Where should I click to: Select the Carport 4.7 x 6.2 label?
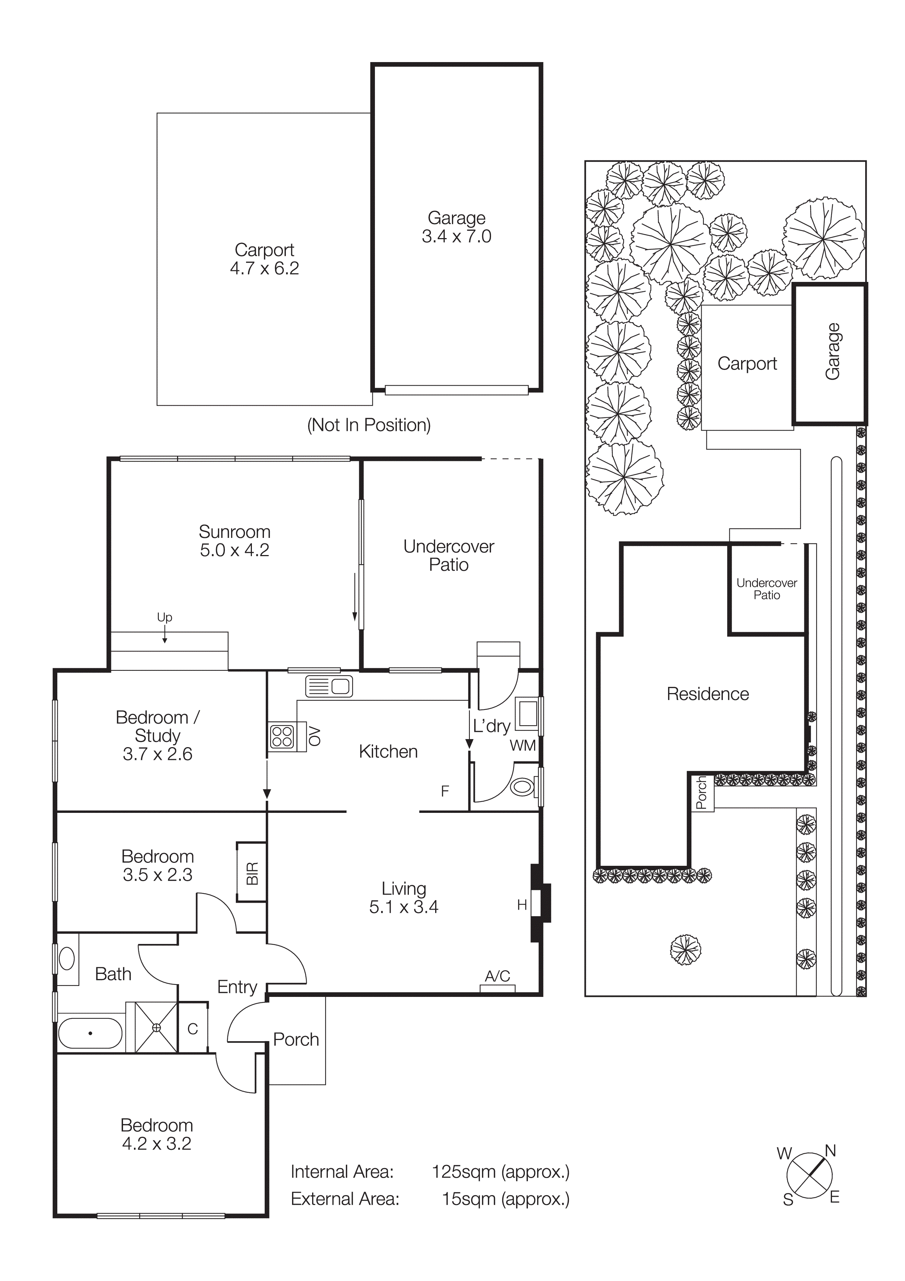click(x=264, y=259)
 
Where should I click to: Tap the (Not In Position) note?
click(x=369, y=425)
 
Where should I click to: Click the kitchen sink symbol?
click(x=329, y=686)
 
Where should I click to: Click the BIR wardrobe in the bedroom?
click(x=252, y=873)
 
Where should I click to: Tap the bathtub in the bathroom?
click(x=90, y=1033)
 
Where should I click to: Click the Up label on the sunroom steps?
click(x=165, y=617)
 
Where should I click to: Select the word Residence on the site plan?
click(x=707, y=694)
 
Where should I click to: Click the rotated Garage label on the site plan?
click(x=832, y=352)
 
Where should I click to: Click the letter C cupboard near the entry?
click(x=192, y=1029)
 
